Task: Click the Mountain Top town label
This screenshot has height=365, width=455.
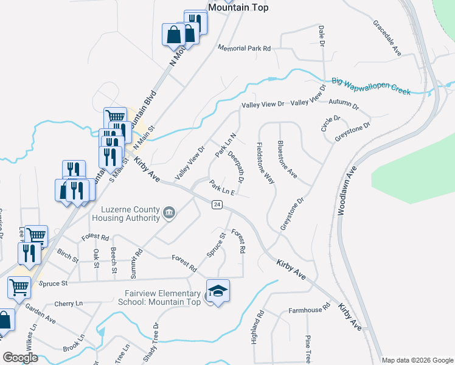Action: click(x=238, y=7)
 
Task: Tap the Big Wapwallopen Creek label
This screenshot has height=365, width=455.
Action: click(x=371, y=86)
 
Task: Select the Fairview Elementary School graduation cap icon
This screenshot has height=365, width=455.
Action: click(x=217, y=290)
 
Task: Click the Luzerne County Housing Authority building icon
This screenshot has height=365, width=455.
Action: click(x=169, y=213)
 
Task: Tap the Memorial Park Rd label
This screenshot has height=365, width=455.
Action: click(x=243, y=48)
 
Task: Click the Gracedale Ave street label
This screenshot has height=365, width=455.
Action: click(x=387, y=38)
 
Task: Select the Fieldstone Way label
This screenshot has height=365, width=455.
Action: click(x=266, y=163)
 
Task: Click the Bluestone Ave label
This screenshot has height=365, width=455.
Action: click(x=287, y=159)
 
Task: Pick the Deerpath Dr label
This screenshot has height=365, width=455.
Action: click(x=236, y=168)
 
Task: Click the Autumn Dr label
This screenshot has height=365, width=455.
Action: click(x=344, y=105)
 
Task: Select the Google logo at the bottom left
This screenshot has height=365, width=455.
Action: click(x=20, y=358)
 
